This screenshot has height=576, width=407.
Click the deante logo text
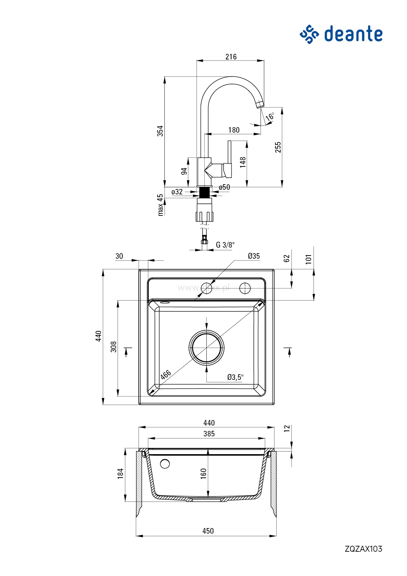(353, 34)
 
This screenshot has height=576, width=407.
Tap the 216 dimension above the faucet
(231, 57)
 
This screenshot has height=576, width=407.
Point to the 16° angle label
(270, 117)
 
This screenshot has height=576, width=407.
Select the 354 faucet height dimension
(160, 131)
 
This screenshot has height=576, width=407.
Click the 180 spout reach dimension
(234, 130)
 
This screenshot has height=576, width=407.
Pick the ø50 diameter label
(225, 187)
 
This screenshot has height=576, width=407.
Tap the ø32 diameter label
(177, 192)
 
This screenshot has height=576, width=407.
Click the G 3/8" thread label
(225, 245)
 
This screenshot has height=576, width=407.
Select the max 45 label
(160, 205)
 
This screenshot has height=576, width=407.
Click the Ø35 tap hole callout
(254, 256)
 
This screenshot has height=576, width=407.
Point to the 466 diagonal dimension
(166, 374)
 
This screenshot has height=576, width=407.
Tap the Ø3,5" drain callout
(235, 377)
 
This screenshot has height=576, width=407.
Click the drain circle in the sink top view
(206, 348)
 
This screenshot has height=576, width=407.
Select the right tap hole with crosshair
(245, 288)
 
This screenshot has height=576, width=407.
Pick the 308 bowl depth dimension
(114, 347)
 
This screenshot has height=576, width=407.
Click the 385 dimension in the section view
(209, 434)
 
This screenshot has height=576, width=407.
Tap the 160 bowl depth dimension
(203, 473)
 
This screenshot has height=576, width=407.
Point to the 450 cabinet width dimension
(208, 531)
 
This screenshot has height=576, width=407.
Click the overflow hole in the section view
(165, 464)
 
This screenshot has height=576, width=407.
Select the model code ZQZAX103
(363, 549)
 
